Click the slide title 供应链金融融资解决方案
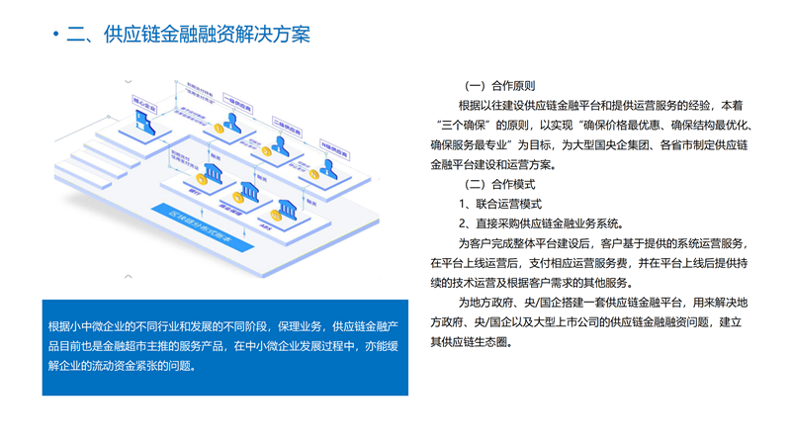(188, 36)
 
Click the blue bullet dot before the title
(54, 37)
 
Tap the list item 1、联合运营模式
(500, 203)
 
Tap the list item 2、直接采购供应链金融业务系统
(540, 222)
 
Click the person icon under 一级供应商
(233, 124)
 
